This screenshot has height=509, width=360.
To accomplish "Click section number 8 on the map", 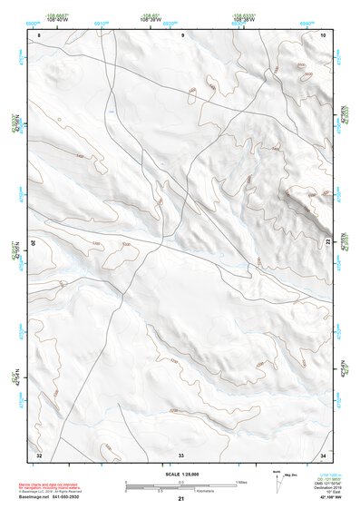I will (39, 34).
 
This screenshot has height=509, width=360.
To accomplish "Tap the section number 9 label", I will (182, 34).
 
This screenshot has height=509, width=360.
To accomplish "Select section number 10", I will (323, 34).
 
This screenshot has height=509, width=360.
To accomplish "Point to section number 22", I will (326, 242).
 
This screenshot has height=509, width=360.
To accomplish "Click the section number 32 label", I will (39, 454).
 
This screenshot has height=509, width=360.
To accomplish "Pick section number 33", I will (180, 454).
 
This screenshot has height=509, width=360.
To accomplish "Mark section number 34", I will (323, 454).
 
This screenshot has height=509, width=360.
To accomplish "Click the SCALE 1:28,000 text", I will (180, 474).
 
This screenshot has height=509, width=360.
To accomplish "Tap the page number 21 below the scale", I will (180, 499).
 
